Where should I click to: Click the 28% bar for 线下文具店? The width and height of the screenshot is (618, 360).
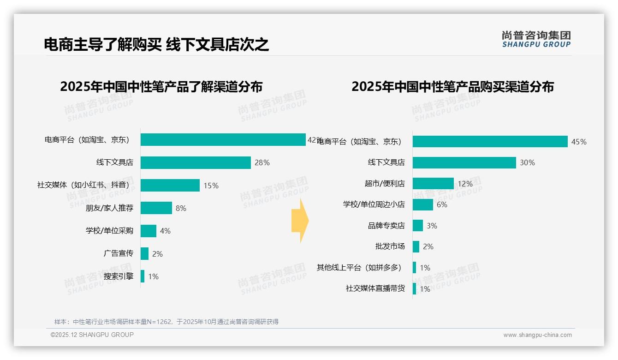[196, 162]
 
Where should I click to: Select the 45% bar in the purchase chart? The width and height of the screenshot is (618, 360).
[490, 142]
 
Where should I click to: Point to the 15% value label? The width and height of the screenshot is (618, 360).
[211, 186]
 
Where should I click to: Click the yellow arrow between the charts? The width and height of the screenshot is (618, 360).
[300, 221]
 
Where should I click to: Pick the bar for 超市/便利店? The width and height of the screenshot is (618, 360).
[433, 184]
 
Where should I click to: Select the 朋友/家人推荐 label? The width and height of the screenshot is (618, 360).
[109, 208]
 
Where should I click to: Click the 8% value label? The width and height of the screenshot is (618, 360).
[181, 209]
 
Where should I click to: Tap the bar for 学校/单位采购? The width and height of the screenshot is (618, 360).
[149, 231]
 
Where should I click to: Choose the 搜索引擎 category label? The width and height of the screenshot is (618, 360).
[118, 276]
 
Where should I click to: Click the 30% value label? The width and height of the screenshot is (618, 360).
[527, 163]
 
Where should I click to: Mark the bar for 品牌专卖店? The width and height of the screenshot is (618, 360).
[418, 226]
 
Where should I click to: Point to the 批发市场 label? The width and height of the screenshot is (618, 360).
[390, 246]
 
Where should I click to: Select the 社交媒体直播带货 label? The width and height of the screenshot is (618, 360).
[375, 288]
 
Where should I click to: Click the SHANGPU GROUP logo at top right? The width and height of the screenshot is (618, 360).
[536, 39]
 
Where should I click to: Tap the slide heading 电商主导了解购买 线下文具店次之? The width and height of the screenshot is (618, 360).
[156, 45]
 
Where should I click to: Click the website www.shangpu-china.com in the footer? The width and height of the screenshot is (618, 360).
[537, 335]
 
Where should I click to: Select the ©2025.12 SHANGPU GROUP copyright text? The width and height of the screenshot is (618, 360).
[92, 335]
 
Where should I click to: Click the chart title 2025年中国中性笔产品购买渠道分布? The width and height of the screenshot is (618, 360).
[452, 87]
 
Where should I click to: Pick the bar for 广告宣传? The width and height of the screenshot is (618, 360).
[144, 253]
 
